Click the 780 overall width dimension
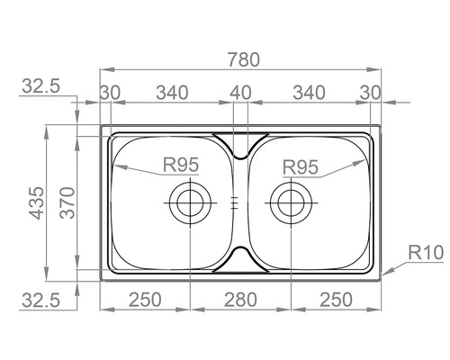244,59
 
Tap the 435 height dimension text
37,202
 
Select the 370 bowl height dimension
67,202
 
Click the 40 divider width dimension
240,93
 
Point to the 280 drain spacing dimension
240,300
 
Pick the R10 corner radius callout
426,253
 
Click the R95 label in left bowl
181,165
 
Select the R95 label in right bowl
301,167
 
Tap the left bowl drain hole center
190,203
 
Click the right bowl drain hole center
291,203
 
